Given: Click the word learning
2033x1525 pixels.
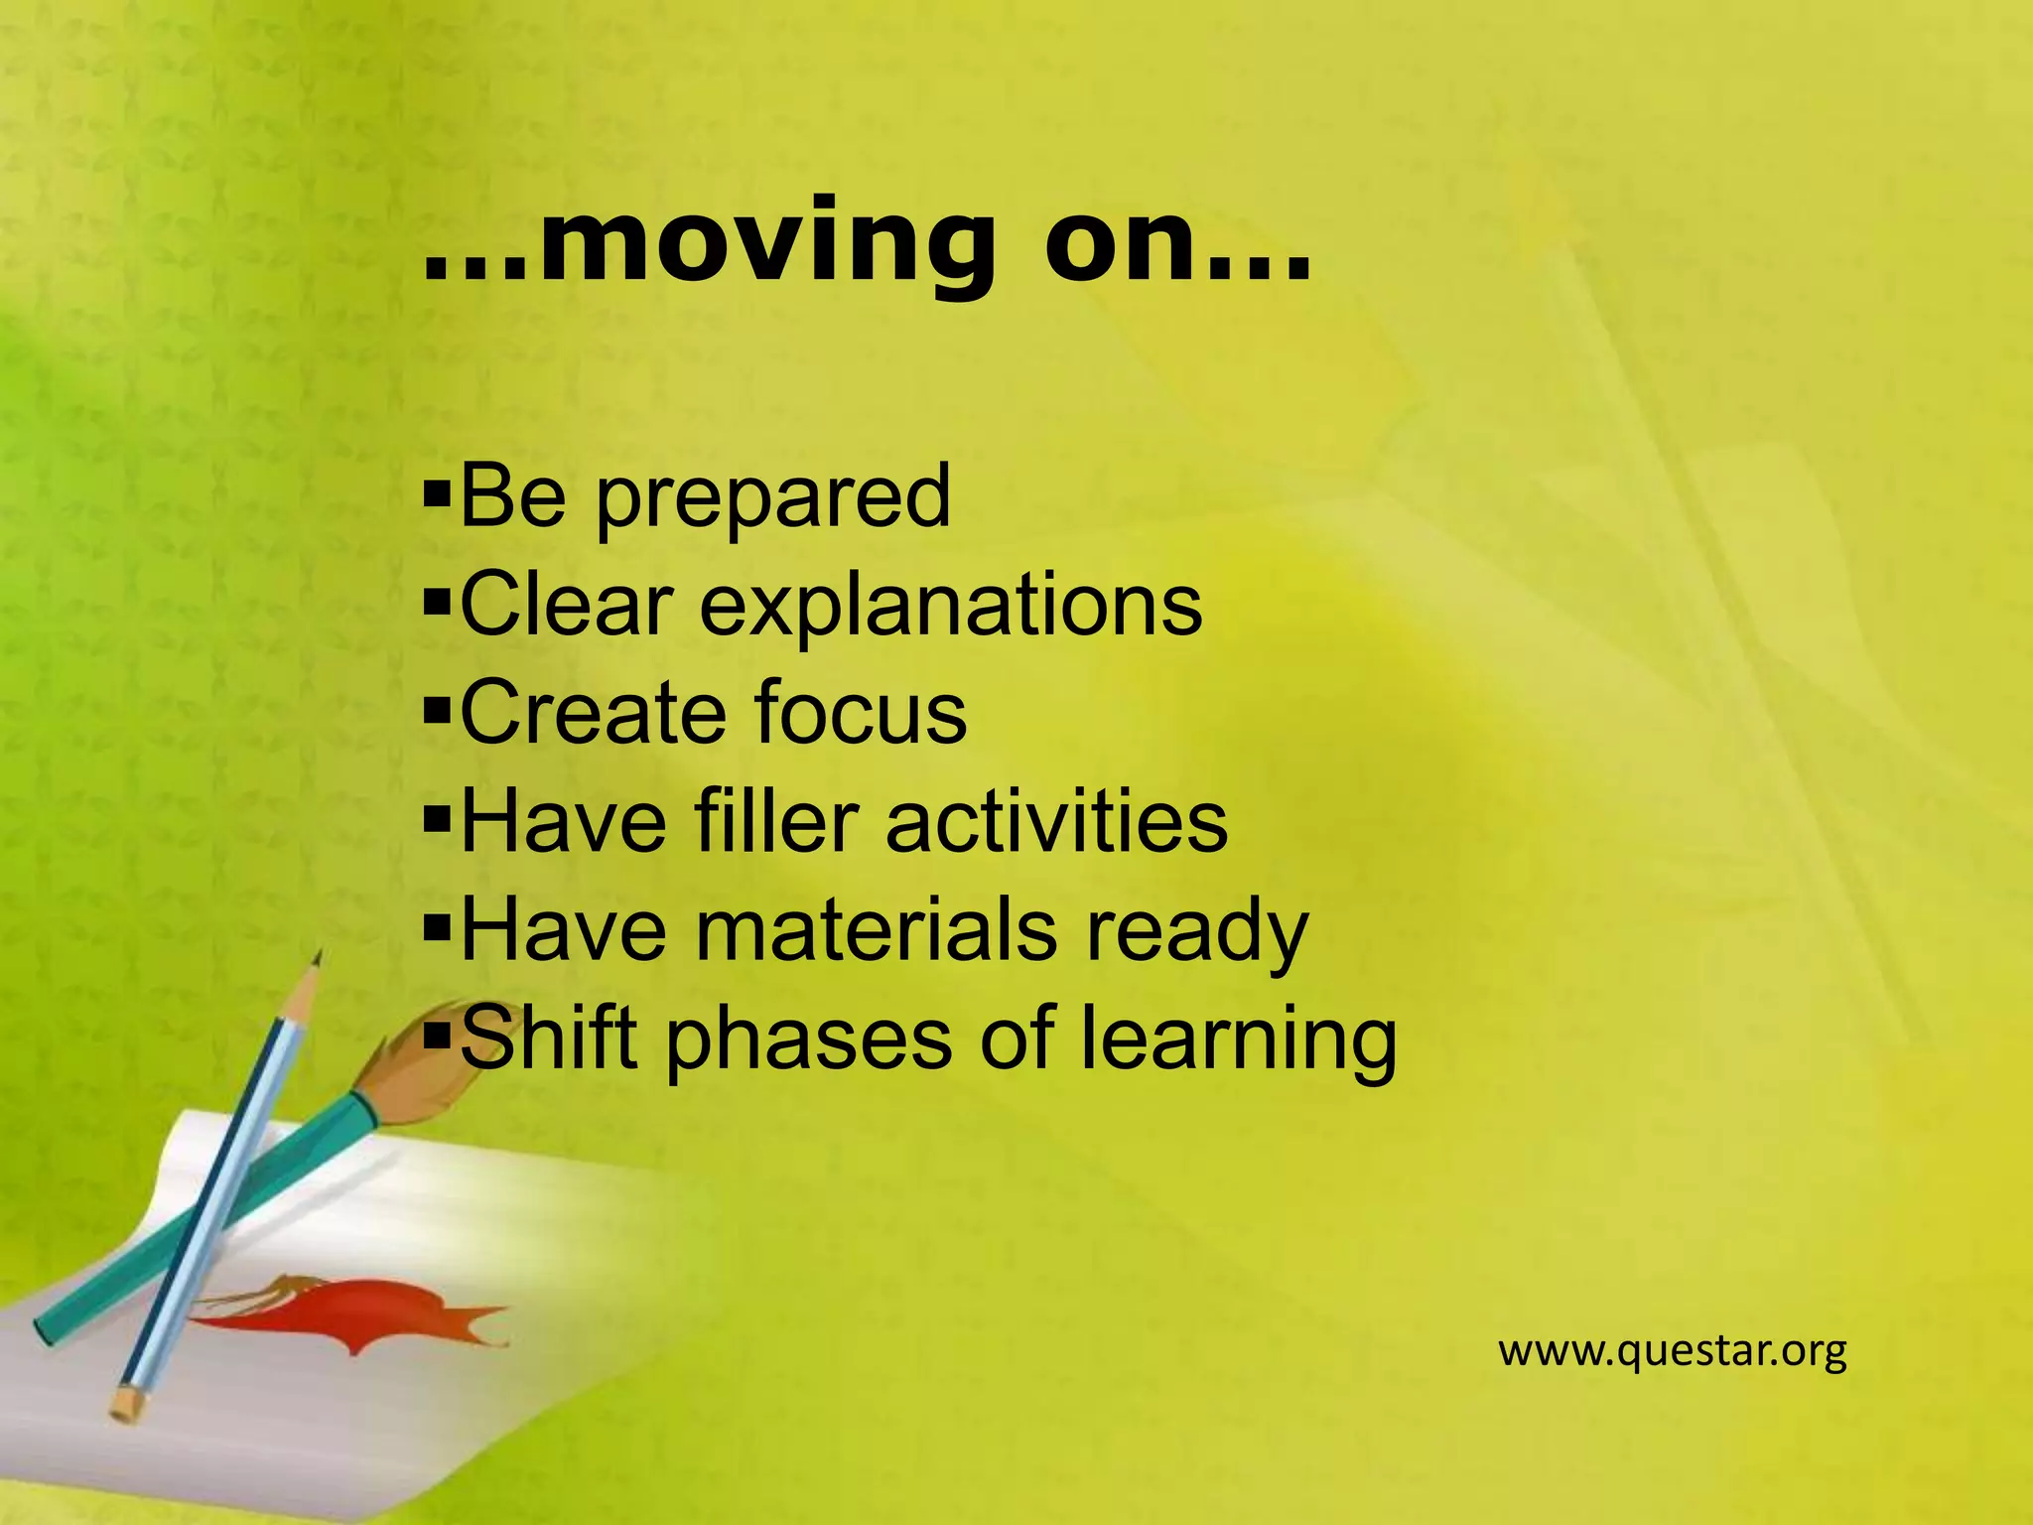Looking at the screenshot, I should click(x=1238, y=1040).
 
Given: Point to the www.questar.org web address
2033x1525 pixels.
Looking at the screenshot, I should click(x=1672, y=1351).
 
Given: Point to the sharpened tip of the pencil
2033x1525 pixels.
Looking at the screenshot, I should click(x=317, y=957).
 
